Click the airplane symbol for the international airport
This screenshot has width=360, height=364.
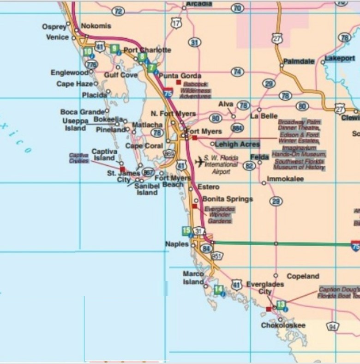coord(199,162)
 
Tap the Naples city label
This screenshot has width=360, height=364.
coord(177,244)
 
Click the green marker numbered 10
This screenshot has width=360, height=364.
coord(88,52)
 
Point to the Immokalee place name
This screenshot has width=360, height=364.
coord(286,179)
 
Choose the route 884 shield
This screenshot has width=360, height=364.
coord(238,127)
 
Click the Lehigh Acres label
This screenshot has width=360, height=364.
coord(237,144)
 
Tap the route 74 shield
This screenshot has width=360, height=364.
coord(238,72)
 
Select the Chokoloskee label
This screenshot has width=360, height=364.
coord(283,325)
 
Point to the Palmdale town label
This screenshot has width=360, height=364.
coord(299,61)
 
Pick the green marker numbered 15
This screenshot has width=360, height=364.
coord(186,231)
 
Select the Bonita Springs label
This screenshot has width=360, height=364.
coord(228,199)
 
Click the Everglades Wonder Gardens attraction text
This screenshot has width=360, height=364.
coord(219,215)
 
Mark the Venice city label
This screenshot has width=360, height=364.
coord(57,37)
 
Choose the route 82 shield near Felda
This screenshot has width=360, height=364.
coord(250,165)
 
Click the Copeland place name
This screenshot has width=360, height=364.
coord(303,276)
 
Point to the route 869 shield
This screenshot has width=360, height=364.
coord(169,153)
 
